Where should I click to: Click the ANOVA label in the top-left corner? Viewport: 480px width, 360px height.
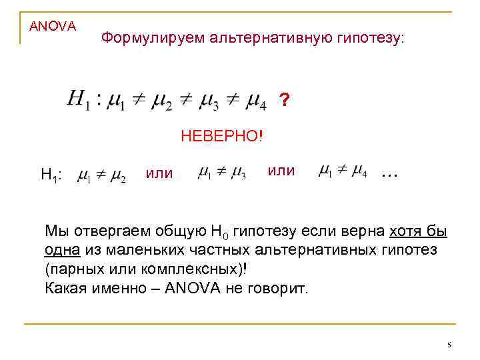(x=53, y=26)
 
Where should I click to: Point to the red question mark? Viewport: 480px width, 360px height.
(x=285, y=101)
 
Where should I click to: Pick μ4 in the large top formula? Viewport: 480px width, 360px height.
(x=256, y=103)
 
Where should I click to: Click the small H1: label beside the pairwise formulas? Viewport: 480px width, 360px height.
(x=52, y=175)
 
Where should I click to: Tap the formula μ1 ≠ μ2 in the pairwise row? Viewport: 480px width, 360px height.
(x=101, y=176)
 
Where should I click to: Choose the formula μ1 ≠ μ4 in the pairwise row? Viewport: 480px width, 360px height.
(x=343, y=173)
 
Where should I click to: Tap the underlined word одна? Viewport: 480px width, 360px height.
(x=63, y=251)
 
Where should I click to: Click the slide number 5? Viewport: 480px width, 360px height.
(x=449, y=345)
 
